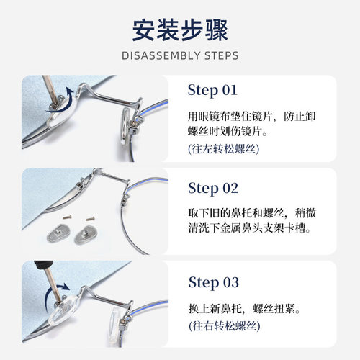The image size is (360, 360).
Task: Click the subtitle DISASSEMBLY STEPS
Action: tap(180, 55)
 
